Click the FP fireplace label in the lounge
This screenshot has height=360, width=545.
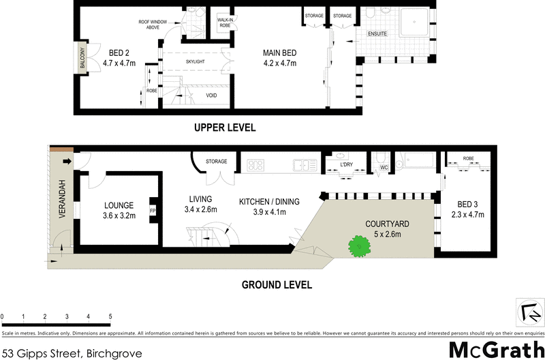pos(153,211)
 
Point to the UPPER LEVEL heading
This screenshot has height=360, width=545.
pos(225,127)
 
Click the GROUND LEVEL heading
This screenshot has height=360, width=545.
pos(277,284)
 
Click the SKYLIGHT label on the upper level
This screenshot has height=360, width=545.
pos(195,62)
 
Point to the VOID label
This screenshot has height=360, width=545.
pos(212,95)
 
